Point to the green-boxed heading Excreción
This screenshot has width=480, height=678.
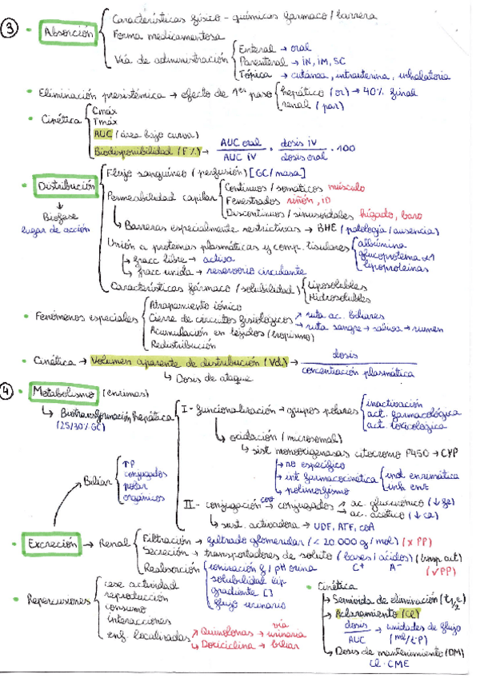tap(54, 544)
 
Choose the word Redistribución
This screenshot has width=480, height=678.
tap(182, 345)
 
